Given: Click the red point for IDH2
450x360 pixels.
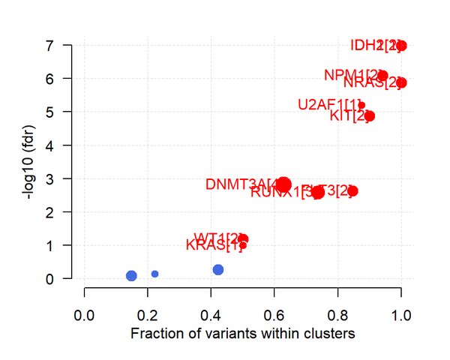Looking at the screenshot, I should point(401,46).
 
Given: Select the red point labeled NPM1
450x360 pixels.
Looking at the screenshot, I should point(382,75).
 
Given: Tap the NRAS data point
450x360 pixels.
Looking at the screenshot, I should point(401,82).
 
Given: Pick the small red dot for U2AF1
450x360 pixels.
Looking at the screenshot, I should point(361,105).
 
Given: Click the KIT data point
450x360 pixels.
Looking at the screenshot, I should point(369,116).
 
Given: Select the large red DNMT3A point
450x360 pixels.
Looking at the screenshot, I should point(283,185).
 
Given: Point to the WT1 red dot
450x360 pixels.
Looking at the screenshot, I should point(243,238).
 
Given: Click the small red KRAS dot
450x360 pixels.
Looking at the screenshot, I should point(243,245).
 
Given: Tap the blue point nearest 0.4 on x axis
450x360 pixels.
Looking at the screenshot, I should point(218,270).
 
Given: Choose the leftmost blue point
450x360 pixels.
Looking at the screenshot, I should point(131,276).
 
